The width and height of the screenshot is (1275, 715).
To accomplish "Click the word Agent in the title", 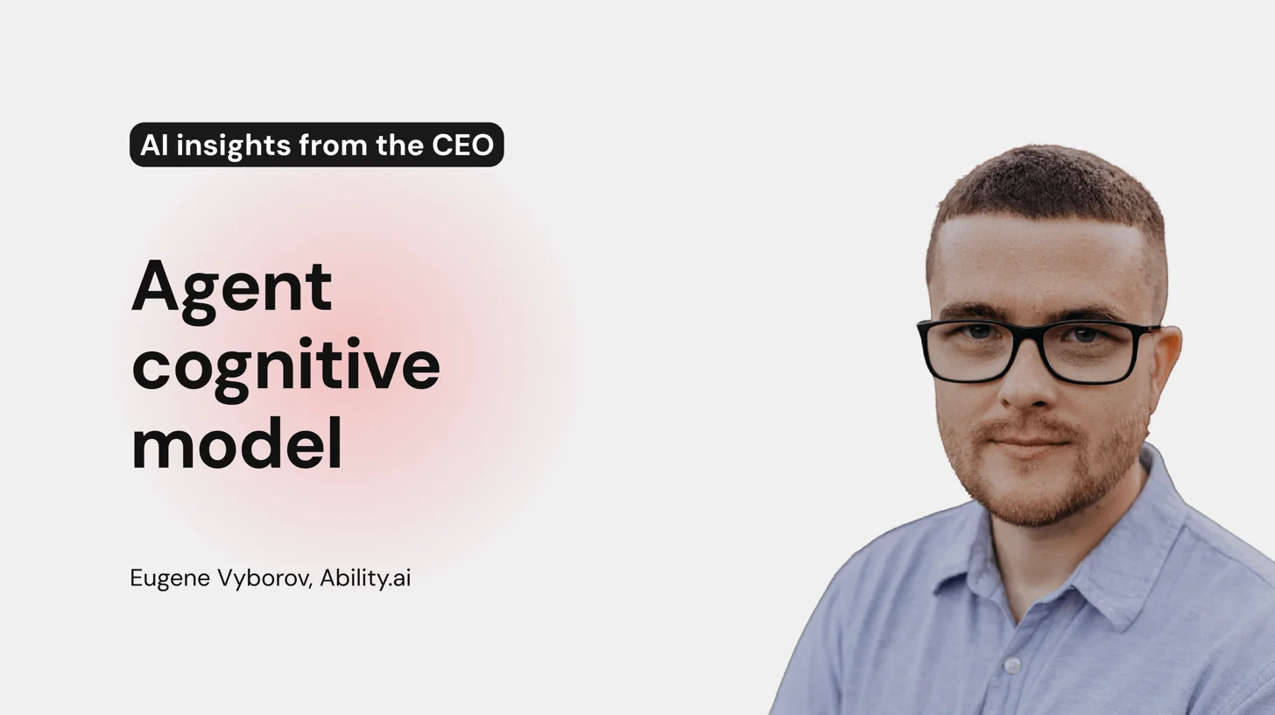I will point(231,287).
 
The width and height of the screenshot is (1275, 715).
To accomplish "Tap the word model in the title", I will point(236,445).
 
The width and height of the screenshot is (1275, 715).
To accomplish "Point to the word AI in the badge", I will point(153,145).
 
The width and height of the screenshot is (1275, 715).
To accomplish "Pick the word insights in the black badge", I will point(234,145).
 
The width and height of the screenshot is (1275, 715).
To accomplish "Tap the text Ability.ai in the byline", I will point(365,578).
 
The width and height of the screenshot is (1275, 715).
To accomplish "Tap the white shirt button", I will point(1012,665).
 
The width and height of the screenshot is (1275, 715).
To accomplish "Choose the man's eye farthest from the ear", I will point(978,332).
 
